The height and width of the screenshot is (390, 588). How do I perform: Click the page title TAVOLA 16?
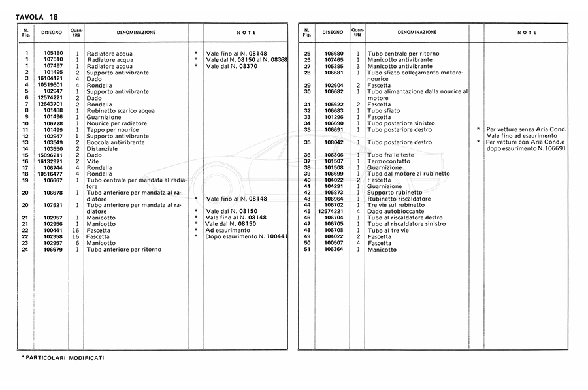click(36, 16)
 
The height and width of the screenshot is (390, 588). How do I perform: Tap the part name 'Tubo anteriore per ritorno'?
click(123, 249)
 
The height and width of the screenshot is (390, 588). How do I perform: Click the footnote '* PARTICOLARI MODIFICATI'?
click(63, 358)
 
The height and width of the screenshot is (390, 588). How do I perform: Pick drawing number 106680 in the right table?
click(333, 53)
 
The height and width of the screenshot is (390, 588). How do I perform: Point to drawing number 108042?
click(333, 142)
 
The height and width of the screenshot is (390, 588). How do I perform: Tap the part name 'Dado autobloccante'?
click(396, 211)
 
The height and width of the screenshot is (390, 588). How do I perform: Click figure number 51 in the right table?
click(307, 249)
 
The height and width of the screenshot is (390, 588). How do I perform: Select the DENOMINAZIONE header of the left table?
click(136, 32)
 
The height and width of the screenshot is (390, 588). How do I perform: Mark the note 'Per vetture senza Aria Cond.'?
click(525, 129)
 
